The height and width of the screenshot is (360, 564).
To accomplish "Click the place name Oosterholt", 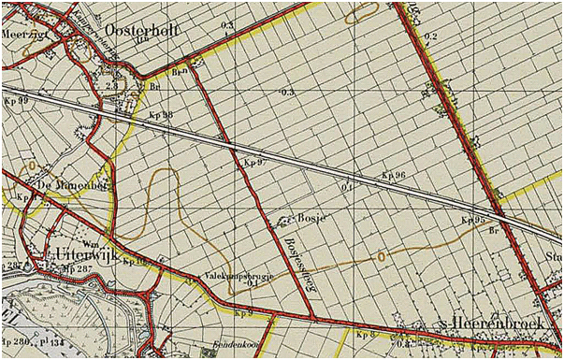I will point(140,30).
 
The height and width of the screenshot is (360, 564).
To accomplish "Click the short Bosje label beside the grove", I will point(310,217).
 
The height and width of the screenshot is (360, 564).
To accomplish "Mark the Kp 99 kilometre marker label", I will point(16,99).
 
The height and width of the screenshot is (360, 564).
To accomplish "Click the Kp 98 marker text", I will point(162,114).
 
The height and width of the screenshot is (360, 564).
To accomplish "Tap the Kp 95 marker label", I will point(473,220).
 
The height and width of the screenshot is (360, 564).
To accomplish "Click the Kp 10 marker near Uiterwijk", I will point(136,261).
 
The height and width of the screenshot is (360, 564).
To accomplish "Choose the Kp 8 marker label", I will point(365,333).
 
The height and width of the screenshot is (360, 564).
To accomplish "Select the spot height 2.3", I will point(111,85).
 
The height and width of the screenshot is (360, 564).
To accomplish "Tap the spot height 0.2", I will point(430,36).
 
